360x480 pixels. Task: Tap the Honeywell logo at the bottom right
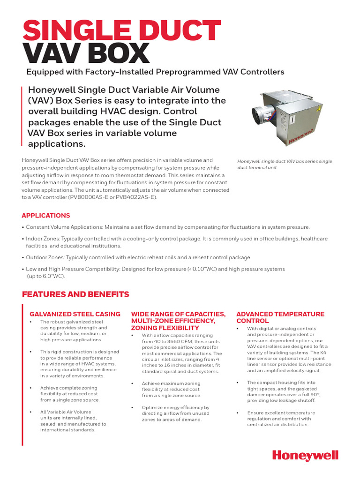305,455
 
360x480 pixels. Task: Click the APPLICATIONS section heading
46,216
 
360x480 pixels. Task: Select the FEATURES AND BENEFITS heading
75,294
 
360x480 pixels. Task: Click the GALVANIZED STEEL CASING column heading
75,314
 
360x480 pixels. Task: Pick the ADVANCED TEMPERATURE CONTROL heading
280,317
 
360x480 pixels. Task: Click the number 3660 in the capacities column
168,342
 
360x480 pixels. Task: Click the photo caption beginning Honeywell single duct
285,164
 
